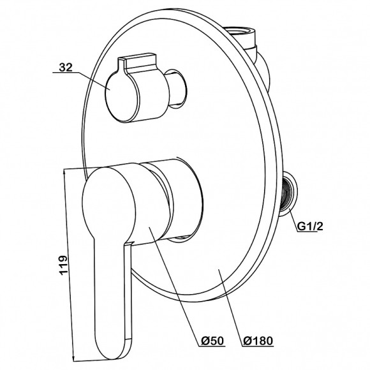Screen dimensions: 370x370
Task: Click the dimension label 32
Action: [65, 68]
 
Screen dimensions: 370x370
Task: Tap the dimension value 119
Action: [63, 265]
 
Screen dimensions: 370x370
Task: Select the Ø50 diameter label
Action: [212, 341]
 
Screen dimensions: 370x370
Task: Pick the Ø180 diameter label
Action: [258, 341]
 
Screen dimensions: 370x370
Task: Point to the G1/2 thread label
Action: [309, 226]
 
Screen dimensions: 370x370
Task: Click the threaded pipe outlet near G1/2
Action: [288, 193]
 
